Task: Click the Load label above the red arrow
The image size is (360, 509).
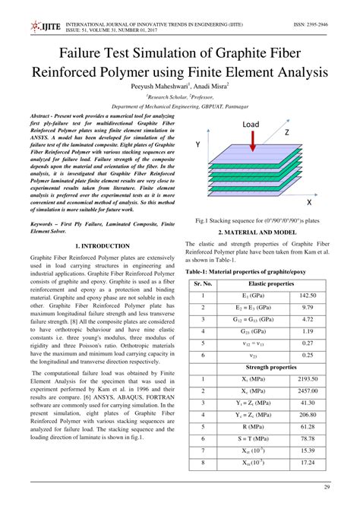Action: click(252, 124)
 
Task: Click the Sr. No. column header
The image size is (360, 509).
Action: click(203, 283)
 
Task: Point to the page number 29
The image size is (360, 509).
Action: click(327, 487)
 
